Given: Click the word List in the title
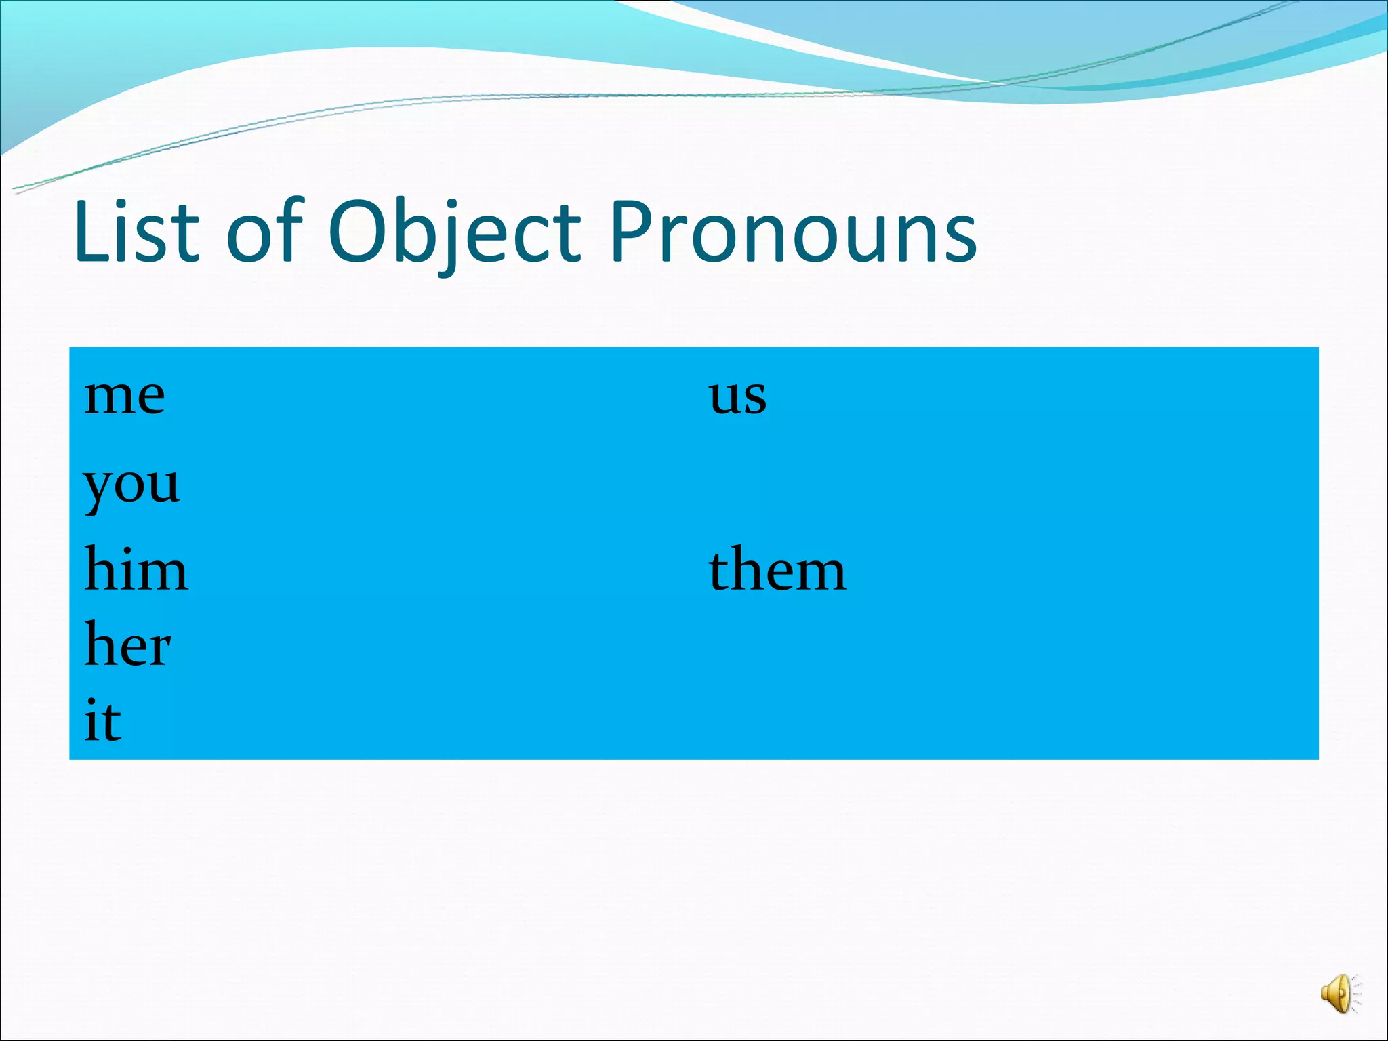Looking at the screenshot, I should pyautogui.click(x=136, y=231).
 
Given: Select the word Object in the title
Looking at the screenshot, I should pyautogui.click(x=454, y=231).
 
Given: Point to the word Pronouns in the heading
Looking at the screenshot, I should pyautogui.click(x=793, y=231).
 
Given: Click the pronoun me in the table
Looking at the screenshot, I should pyautogui.click(x=124, y=396).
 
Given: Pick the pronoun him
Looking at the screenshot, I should pyautogui.click(x=136, y=570).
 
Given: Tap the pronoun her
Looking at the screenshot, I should pyautogui.click(x=127, y=645).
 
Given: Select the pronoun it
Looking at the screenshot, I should pyautogui.click(x=102, y=721).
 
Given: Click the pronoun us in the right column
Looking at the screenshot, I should pyautogui.click(x=737, y=396).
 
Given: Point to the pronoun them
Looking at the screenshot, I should pyautogui.click(x=777, y=570).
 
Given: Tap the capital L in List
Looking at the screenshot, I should pyautogui.click(x=91, y=231).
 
